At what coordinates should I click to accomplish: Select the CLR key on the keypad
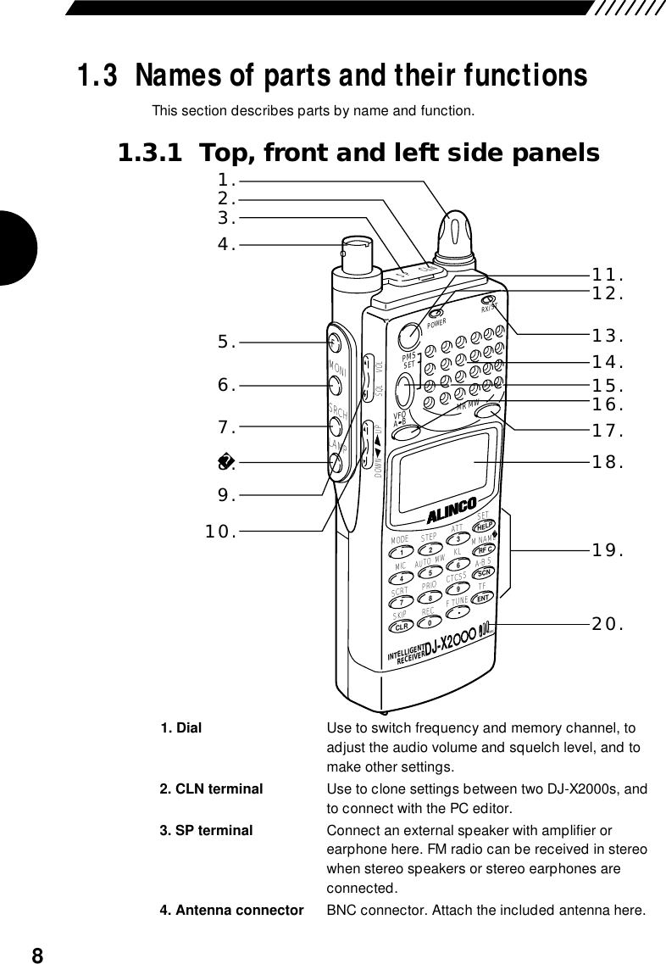(x=398, y=628)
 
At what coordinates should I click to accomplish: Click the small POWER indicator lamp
(x=435, y=315)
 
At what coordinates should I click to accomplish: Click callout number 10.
(x=221, y=532)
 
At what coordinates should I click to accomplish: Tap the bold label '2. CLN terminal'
(x=211, y=788)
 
